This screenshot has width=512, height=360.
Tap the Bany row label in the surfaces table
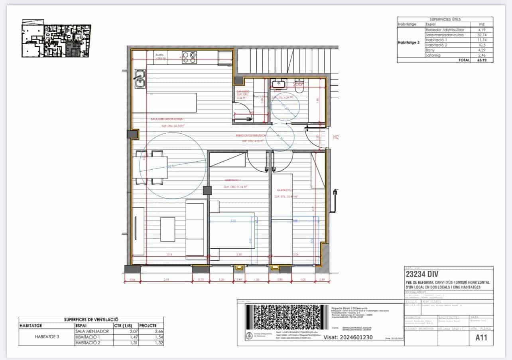[x=431, y=50]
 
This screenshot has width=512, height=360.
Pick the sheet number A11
[x=482, y=338]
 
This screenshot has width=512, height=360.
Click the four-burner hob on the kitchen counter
[x=189, y=57]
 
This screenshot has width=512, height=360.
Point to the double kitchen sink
[x=139, y=79]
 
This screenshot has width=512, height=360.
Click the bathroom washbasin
[x=278, y=83]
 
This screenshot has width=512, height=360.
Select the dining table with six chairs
[x=152, y=167]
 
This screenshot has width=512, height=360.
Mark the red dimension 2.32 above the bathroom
[x=298, y=84]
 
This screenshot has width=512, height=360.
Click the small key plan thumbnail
[x=56, y=40]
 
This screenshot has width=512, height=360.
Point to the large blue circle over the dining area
[x=175, y=165]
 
